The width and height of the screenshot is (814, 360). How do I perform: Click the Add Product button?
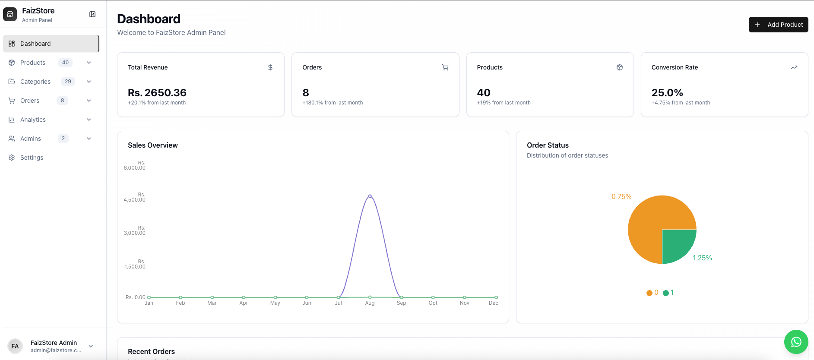[x=778, y=25]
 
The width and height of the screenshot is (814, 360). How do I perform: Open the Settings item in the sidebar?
[x=32, y=158]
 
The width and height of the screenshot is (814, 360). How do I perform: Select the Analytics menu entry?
[x=33, y=120]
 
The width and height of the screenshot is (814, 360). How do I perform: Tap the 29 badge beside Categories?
[x=68, y=82]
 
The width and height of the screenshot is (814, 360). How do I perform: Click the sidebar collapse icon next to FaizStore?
[x=92, y=14]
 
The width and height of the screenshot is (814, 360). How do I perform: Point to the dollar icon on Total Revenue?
[x=270, y=67]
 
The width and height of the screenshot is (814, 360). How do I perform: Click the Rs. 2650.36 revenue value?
[x=157, y=93]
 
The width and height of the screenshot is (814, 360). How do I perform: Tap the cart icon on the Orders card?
[x=445, y=67]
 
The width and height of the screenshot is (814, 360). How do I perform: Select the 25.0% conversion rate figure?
[x=667, y=93]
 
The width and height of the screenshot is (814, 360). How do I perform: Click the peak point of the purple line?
[x=370, y=196]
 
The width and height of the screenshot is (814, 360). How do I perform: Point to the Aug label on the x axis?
[x=370, y=303]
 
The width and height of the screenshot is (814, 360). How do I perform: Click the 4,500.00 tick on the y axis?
[x=135, y=200]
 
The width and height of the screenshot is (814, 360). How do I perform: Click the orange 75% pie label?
[x=621, y=197]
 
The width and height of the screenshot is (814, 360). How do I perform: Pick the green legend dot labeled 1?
[x=666, y=293]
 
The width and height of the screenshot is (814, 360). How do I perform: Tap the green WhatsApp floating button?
[x=796, y=342]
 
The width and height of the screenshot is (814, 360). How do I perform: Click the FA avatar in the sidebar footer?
[x=15, y=346]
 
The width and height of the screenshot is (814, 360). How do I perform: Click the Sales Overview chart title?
[x=153, y=145]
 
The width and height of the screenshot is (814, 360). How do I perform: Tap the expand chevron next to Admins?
[x=89, y=139]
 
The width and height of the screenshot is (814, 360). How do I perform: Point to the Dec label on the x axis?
[x=494, y=303]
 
